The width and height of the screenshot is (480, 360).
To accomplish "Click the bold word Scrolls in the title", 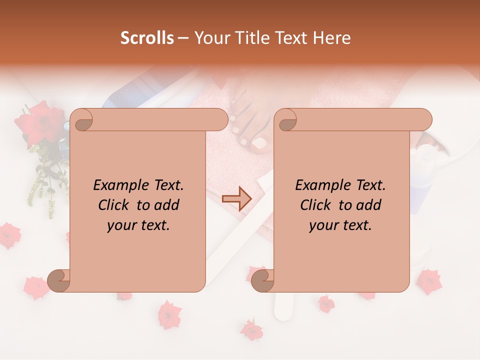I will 147,38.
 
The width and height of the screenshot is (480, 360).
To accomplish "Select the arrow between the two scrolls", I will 237,198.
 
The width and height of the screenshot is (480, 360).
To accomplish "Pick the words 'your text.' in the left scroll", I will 138,225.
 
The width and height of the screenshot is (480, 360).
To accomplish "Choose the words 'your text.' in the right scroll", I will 340,225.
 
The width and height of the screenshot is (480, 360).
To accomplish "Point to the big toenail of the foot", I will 259,143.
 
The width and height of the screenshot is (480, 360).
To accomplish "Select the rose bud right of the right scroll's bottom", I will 428,281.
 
